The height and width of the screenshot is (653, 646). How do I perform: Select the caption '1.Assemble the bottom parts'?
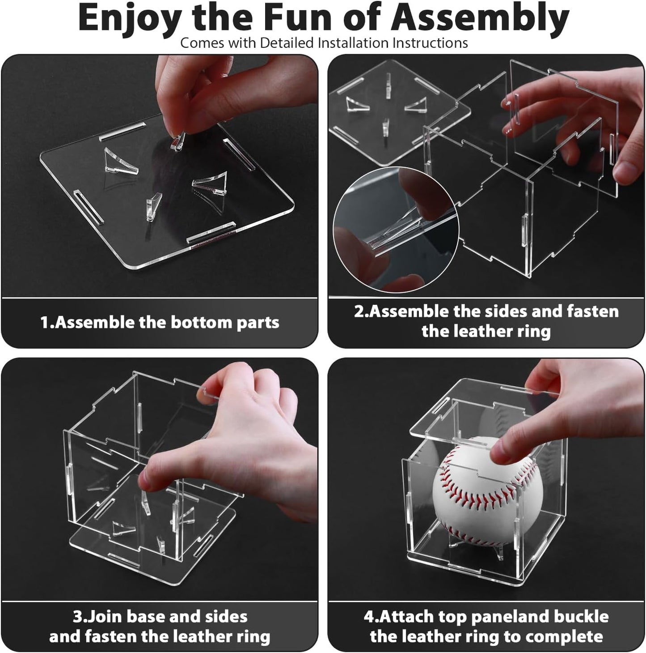pos(160,322)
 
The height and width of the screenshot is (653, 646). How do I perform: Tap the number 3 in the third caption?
pos(76,616)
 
